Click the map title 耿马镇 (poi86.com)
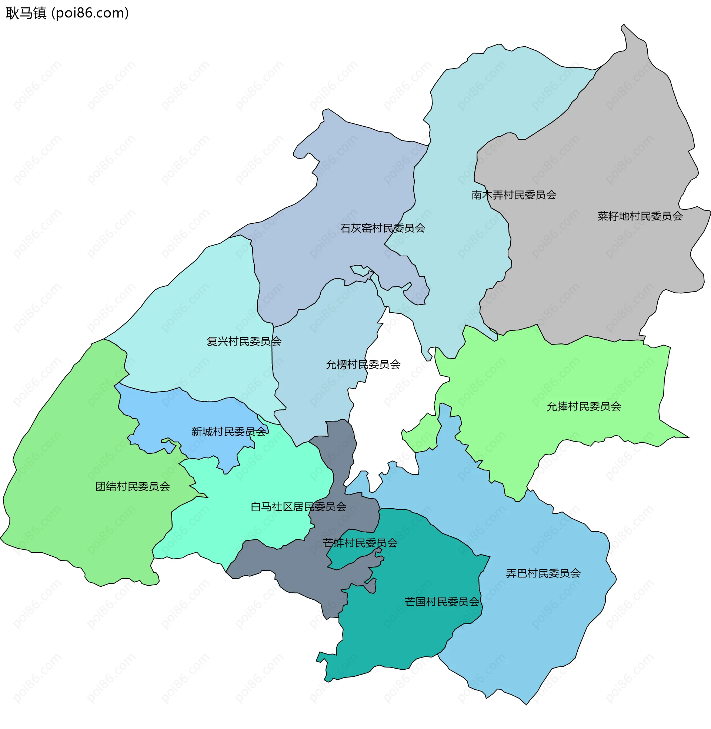[67, 13]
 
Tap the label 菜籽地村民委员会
[640, 216]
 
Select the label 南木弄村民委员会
[514, 195]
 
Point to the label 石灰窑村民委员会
[383, 228]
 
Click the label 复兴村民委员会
[244, 341]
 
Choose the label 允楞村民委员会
[363, 364]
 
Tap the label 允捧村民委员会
[584, 407]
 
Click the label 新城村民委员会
[228, 432]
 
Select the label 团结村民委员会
[133, 487]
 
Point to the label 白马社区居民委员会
[298, 507]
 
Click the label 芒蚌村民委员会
[360, 543]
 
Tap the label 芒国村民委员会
[442, 602]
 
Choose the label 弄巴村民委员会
[543, 574]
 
